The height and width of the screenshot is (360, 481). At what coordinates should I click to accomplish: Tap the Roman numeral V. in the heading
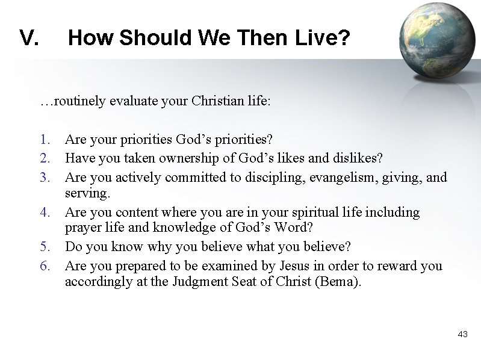pyautogui.click(x=29, y=39)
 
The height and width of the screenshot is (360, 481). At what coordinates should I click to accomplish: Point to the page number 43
pyautogui.click(x=462, y=334)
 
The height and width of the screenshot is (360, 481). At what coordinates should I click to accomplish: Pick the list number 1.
pyautogui.click(x=44, y=140)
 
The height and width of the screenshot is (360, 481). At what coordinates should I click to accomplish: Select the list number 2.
pyautogui.click(x=44, y=158)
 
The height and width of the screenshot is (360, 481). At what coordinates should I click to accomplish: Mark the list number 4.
pyautogui.click(x=44, y=212)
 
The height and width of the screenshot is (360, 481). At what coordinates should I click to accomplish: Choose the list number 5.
pyautogui.click(x=44, y=247)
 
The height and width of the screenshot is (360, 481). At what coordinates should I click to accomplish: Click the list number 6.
pyautogui.click(x=44, y=265)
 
